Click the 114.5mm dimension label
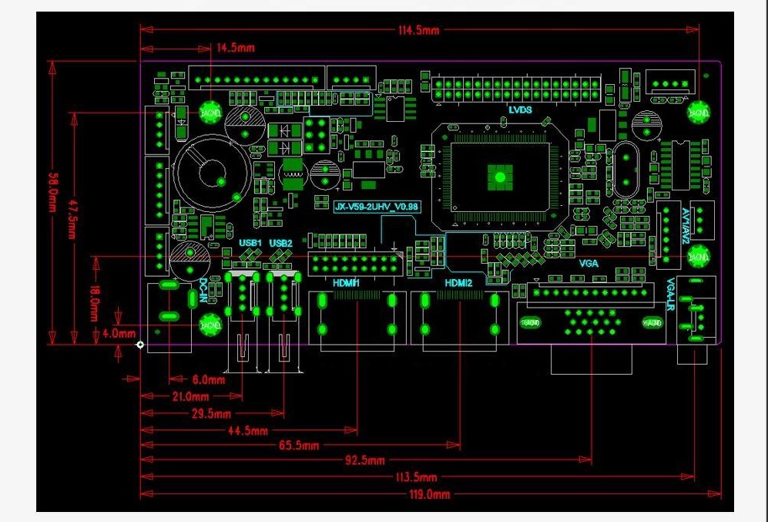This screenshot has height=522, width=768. [418, 30]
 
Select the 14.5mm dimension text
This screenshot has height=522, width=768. [236, 48]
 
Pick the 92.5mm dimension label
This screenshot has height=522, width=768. [365, 461]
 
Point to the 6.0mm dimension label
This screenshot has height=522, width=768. [208, 379]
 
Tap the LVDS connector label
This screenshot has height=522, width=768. [520, 109]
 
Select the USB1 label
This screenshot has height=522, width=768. [250, 244]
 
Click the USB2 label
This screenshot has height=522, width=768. [281, 244]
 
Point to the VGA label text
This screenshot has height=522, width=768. [589, 262]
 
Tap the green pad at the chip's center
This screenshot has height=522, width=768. [498, 177]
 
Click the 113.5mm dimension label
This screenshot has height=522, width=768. [416, 477]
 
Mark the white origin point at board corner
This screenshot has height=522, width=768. [139, 345]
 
